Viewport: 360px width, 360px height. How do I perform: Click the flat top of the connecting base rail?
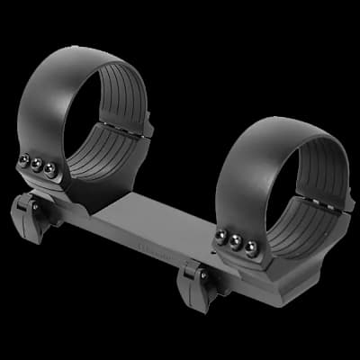click(x=153, y=216)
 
